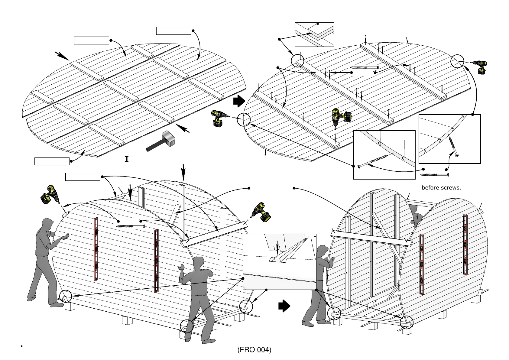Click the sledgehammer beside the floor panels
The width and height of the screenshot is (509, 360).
click(x=161, y=141)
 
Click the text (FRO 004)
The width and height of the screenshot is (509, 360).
click(x=254, y=350)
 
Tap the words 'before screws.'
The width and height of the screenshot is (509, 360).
click(x=441, y=188)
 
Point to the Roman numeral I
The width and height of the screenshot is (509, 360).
click(x=126, y=159)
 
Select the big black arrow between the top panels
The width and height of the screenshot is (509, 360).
click(x=239, y=101)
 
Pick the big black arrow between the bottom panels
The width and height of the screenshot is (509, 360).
click(x=284, y=306)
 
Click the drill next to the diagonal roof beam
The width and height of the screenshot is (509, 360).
click(x=261, y=212)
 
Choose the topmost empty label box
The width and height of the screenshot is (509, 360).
click(x=173, y=31)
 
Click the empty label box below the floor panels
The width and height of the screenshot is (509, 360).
click(x=52, y=161)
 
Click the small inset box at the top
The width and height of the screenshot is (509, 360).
click(x=314, y=35)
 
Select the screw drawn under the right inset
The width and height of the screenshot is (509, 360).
click(x=435, y=175)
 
